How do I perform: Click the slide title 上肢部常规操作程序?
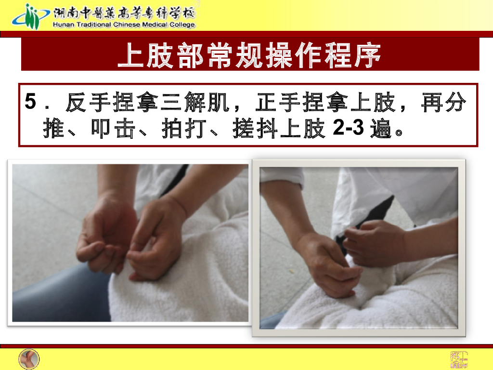point(250,56)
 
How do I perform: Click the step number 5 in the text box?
point(30,103)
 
